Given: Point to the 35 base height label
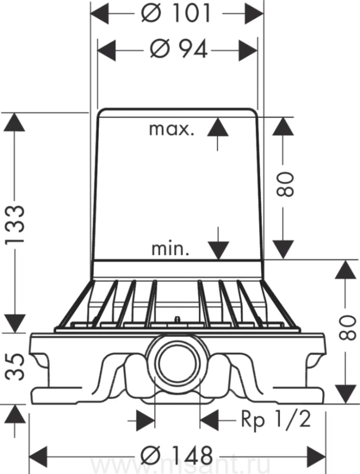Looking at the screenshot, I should coord(16,367).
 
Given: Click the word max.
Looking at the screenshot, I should coord(172,129).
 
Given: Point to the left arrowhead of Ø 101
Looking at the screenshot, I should coord(101,13).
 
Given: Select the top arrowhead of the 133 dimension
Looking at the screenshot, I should coord(14,122).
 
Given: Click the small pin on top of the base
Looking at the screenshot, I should coord(177,319).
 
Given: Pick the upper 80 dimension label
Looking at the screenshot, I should coord(285,184).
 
